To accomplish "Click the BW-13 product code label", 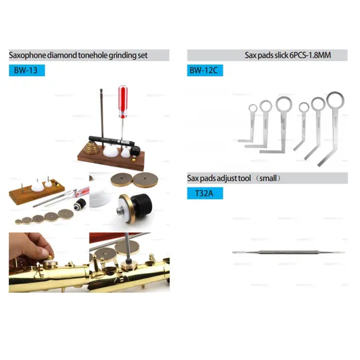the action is (x=27, y=70).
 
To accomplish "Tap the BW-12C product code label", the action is (x=205, y=70).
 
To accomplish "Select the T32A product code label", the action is (x=205, y=194).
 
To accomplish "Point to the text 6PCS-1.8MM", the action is (x=310, y=55).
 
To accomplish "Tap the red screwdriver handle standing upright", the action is (x=123, y=101).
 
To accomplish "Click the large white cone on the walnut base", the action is (x=111, y=151).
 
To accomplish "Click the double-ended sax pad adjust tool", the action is (x=289, y=252).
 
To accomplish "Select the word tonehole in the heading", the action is (x=93, y=55).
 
